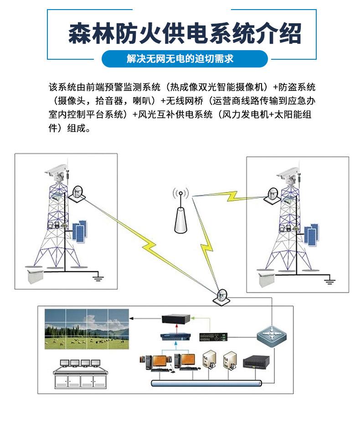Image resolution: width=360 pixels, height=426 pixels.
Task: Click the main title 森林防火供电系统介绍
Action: pos(184,34)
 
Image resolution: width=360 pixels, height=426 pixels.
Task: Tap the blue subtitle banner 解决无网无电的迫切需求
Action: pos(180,59)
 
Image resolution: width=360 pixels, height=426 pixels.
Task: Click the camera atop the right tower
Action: pos(288,174)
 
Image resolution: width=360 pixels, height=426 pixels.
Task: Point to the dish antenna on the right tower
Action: pos(273,195)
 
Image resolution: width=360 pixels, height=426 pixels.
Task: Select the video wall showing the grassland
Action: pos(87,329)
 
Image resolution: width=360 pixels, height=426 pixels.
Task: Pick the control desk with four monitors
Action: pos(80,373)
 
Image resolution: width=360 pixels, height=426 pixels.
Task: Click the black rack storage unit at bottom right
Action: pos(257,362)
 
